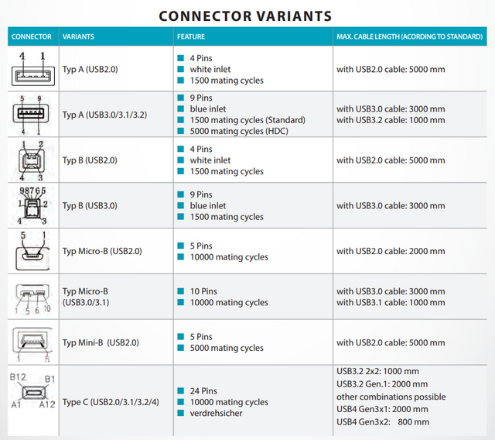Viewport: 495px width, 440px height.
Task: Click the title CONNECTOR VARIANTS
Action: [245, 15]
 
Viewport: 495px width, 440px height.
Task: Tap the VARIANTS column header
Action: [79, 36]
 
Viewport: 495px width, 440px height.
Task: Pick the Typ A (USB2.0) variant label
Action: [90, 69]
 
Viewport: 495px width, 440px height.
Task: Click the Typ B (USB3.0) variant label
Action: [90, 205]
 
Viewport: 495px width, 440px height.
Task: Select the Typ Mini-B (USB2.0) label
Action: [101, 342]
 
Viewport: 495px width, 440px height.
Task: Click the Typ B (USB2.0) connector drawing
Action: [31, 160]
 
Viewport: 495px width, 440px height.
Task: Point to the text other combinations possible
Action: [391, 397]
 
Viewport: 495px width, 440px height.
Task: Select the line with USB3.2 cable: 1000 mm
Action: [391, 120]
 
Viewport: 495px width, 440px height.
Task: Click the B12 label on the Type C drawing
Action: [17, 377]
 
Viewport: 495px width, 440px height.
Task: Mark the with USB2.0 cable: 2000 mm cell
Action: [391, 251]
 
